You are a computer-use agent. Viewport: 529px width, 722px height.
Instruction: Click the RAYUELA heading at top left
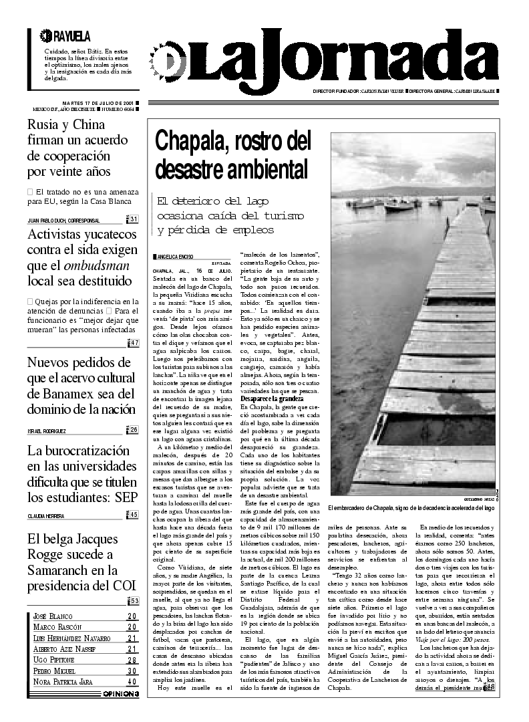pyautogui.click(x=65, y=36)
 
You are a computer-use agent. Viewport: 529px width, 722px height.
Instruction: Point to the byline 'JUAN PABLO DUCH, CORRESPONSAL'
pyautogui.click(x=63, y=220)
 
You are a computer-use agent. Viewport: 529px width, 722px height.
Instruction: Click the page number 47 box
pyautogui.click(x=134, y=343)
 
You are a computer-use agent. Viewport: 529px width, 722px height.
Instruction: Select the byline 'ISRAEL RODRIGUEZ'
pyautogui.click(x=47, y=431)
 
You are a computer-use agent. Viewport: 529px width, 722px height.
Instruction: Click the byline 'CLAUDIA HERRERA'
pyautogui.click(x=46, y=515)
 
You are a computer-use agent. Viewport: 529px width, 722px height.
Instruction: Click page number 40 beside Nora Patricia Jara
pyautogui.click(x=132, y=681)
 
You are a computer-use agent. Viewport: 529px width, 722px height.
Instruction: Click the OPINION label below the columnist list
pyautogui.click(x=121, y=694)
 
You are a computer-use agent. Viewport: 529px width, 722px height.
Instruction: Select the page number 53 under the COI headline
pyautogui.click(x=134, y=600)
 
